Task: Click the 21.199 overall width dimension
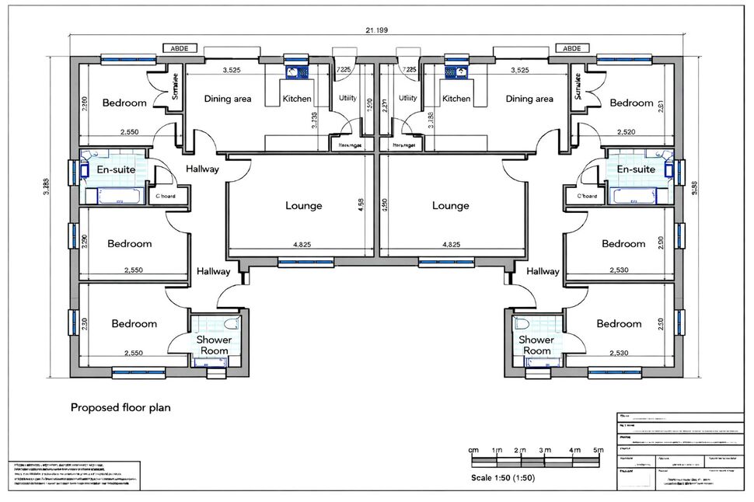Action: (x=376, y=30)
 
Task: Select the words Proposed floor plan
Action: (x=120, y=406)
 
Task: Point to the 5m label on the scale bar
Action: (x=598, y=451)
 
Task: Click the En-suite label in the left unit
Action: (x=114, y=169)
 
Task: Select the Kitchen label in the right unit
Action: (x=456, y=99)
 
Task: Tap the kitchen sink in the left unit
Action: (x=297, y=73)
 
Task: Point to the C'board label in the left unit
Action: (x=166, y=197)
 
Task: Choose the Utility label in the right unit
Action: (x=407, y=99)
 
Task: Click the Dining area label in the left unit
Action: (x=227, y=99)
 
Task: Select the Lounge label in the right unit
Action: (x=451, y=206)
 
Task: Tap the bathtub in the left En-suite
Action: (x=114, y=195)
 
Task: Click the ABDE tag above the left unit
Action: (x=179, y=48)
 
